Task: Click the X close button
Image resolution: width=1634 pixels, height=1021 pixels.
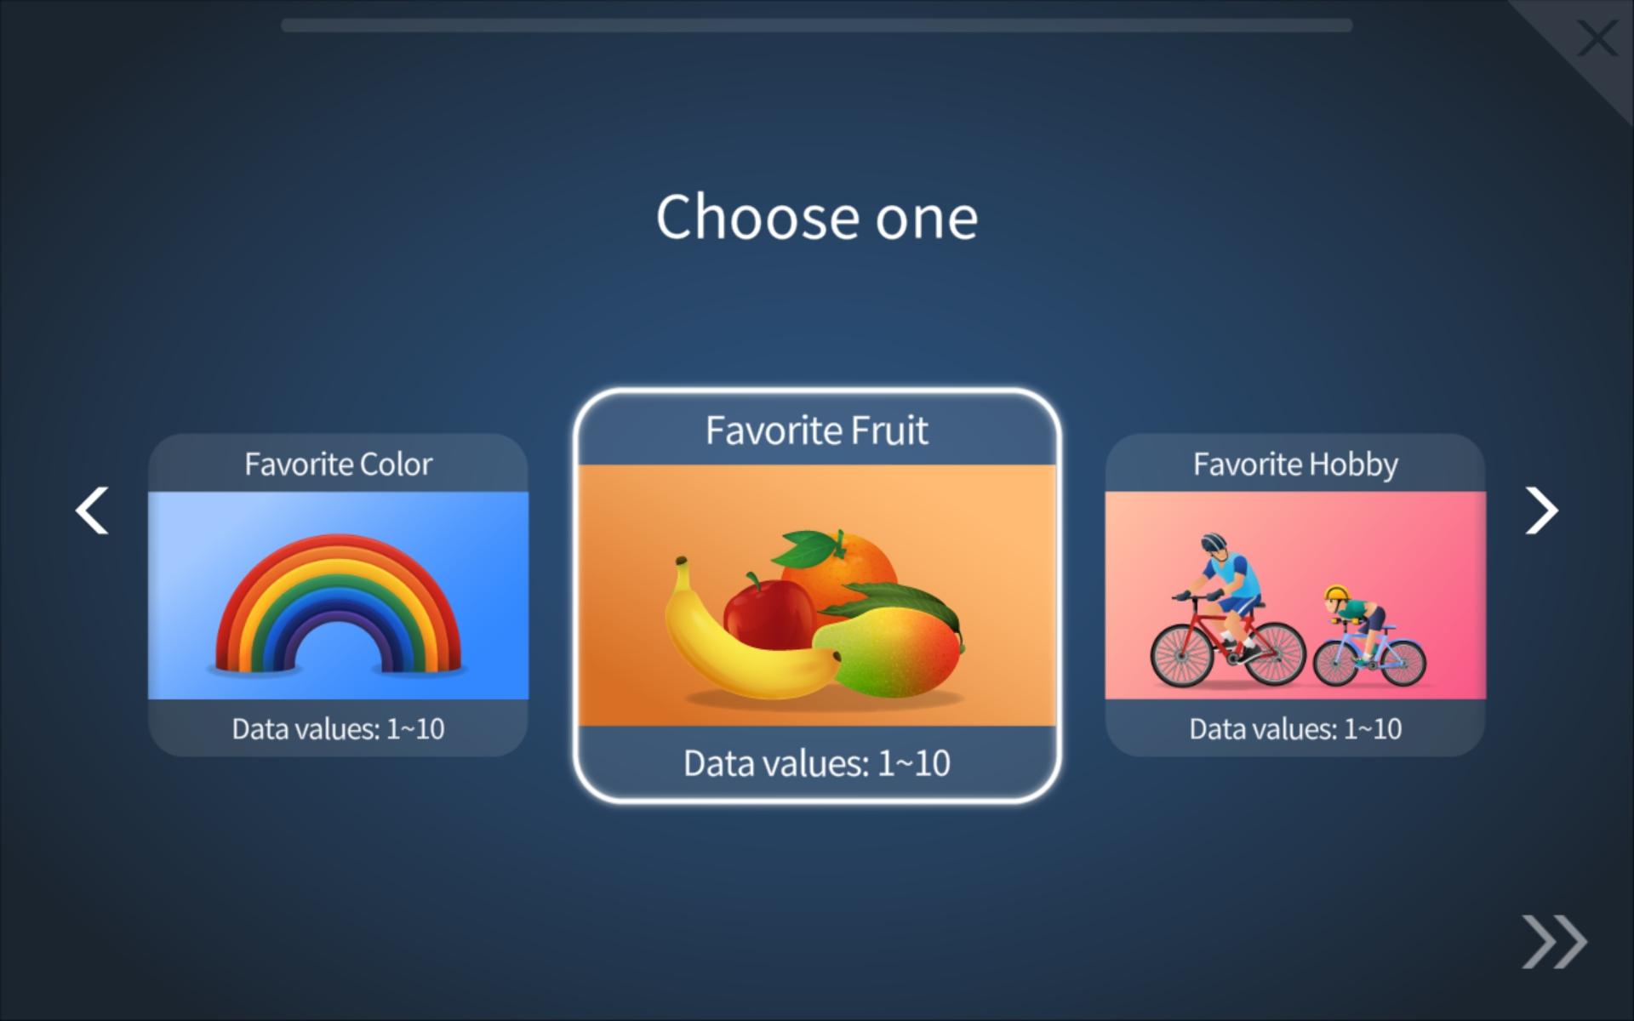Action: pyautogui.click(x=1597, y=39)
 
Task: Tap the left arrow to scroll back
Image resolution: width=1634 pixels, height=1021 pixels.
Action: pyautogui.click(x=92, y=510)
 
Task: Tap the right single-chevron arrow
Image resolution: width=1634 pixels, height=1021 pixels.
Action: pyautogui.click(x=1541, y=510)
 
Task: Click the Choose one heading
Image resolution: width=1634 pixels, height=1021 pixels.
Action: pyautogui.click(x=817, y=217)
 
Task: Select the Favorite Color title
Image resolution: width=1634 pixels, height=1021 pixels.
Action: pyautogui.click(x=338, y=465)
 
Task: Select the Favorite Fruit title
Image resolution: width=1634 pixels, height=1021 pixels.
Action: pyautogui.click(x=817, y=431)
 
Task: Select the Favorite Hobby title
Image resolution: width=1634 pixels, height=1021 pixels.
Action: pyautogui.click(x=1295, y=465)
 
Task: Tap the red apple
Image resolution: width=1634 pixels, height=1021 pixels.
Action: pyautogui.click(x=768, y=611)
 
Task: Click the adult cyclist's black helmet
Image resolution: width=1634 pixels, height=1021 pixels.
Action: pyautogui.click(x=1214, y=542)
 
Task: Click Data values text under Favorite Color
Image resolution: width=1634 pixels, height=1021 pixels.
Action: pyautogui.click(x=338, y=729)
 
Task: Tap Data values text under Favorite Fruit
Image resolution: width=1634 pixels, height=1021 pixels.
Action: pyautogui.click(x=817, y=763)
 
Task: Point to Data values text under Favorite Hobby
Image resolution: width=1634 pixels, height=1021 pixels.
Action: pyautogui.click(x=1295, y=729)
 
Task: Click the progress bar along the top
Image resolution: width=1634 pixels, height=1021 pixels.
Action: pyautogui.click(x=817, y=26)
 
